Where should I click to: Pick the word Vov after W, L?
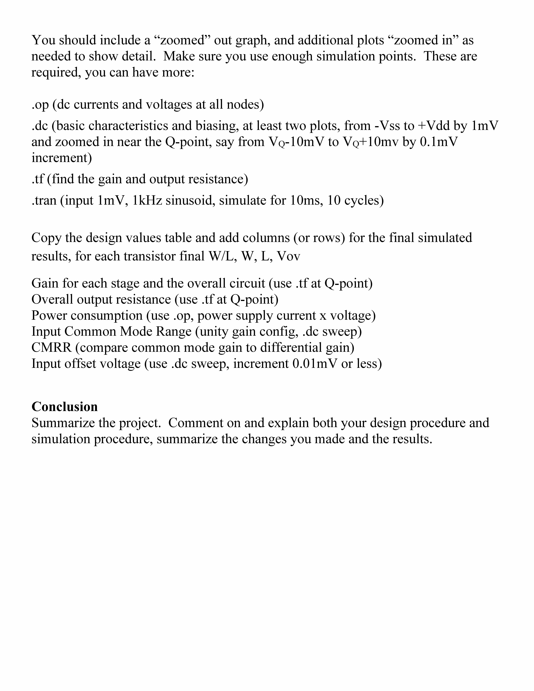288,256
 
